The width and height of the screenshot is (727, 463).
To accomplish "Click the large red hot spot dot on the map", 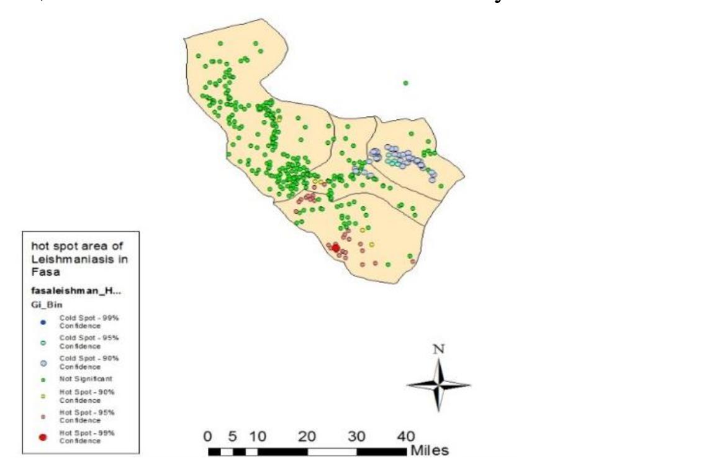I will (x=336, y=247).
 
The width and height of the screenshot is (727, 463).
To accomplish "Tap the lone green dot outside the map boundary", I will (x=405, y=83).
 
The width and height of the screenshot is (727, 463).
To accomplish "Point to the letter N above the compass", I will (x=439, y=349).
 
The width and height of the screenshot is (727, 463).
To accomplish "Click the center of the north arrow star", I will (x=439, y=385).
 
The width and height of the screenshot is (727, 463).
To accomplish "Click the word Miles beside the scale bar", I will (x=428, y=450).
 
